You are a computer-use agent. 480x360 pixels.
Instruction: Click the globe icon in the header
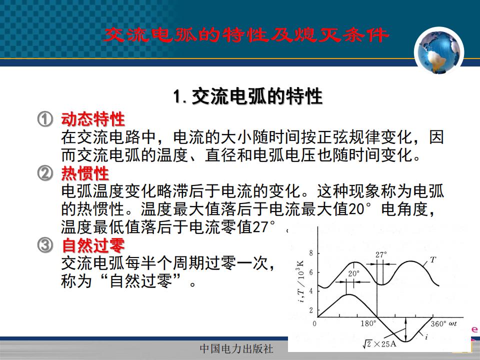[439, 51]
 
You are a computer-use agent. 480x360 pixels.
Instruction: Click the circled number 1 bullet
[45, 119]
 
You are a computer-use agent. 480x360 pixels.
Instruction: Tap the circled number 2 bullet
[45, 173]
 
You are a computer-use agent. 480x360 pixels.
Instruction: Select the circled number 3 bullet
[45, 245]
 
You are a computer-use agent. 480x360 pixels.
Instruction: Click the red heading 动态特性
[93, 119]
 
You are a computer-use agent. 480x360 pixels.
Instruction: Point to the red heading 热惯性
[85, 173]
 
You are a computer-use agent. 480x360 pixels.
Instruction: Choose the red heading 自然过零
[93, 245]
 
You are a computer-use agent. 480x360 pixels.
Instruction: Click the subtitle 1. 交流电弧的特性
[247, 96]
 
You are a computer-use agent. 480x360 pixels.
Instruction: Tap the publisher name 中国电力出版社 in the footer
[236, 348]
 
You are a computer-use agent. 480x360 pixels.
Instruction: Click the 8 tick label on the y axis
[311, 253]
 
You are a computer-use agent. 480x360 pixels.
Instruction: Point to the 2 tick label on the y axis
[311, 310]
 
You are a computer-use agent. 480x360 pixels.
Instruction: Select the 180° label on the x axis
[368, 323]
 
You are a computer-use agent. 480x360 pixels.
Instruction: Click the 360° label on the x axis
[438, 324]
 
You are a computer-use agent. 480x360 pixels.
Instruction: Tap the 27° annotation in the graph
[381, 254]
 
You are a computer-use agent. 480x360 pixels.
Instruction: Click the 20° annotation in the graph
[353, 273]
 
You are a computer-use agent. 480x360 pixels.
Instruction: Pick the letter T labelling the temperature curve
[432, 260]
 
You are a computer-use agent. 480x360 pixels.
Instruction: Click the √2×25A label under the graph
[379, 344]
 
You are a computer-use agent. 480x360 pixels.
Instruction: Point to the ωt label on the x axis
[453, 324]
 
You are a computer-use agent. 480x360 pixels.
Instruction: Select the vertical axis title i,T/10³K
[300, 281]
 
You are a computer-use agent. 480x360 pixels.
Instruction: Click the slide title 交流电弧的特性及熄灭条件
[246, 35]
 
